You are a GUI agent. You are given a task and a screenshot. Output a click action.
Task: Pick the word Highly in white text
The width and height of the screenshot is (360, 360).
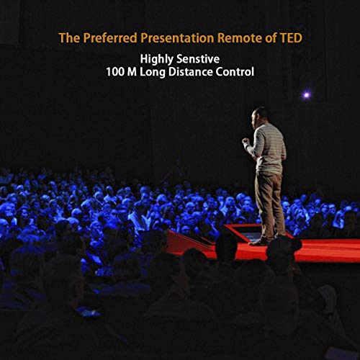[158, 59]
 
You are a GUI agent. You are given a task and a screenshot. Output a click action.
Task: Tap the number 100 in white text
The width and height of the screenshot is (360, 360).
[116, 72]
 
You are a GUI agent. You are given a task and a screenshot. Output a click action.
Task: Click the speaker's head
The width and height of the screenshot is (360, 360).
[261, 114]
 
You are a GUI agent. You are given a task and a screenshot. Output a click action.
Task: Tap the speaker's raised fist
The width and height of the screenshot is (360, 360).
[246, 141]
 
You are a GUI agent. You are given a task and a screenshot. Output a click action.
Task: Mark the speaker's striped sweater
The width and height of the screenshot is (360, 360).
[269, 148]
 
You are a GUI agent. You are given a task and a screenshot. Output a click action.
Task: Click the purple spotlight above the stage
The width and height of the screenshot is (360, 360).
[306, 95]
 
